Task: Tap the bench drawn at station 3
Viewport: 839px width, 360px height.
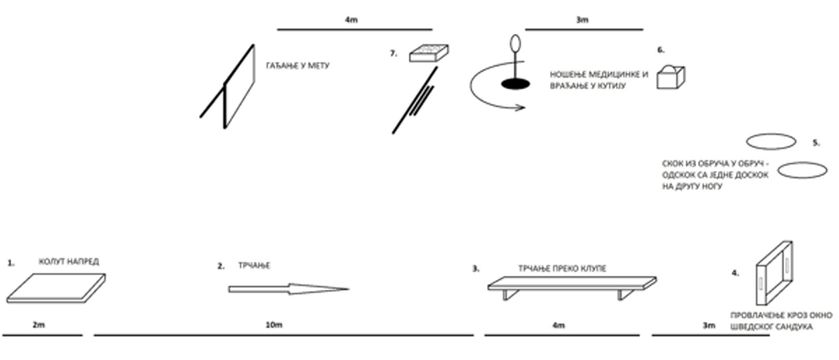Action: pos(569,286)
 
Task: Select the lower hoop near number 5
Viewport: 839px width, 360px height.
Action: pos(803,170)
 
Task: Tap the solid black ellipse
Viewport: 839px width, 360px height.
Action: pos(514,83)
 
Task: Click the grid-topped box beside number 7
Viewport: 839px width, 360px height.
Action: pos(430,52)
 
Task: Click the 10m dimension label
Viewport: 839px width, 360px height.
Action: pos(276,326)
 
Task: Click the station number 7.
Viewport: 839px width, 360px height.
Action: pos(394,53)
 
